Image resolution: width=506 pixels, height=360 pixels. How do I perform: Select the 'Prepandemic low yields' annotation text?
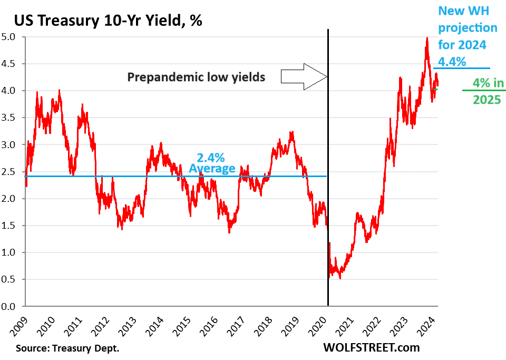196,77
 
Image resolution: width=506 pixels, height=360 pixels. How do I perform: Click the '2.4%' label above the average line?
211,157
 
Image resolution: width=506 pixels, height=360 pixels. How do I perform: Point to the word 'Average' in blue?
212,168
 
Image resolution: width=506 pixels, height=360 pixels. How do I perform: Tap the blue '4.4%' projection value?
452,62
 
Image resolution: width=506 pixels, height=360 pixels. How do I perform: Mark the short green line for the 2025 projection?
483,91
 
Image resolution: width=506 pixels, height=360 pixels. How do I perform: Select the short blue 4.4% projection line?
461,68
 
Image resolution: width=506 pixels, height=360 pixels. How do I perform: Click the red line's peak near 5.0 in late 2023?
426,38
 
